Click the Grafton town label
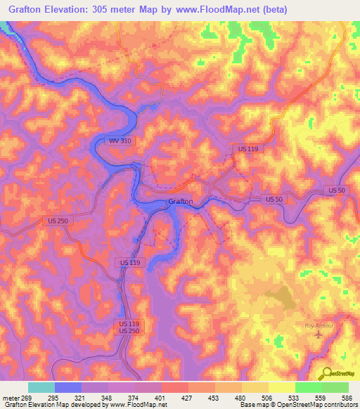(180, 202)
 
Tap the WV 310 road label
(119, 141)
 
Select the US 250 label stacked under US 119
(129, 331)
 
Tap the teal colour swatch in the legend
(41, 387)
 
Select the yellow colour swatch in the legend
(281, 387)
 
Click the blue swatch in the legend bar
(67, 387)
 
